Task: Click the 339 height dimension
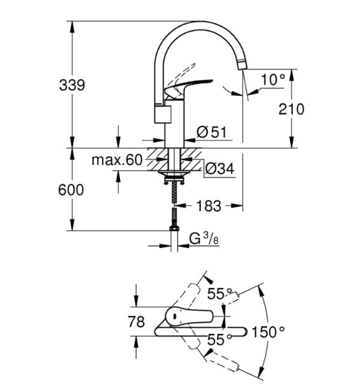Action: pos(72,85)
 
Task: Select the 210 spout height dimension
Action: pos(292,109)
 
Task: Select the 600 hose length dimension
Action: pos(72,189)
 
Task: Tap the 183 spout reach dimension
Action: pos(207,206)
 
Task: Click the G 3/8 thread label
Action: pos(202,239)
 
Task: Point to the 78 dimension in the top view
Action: pos(137,322)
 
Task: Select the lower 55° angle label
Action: pos(220,339)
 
